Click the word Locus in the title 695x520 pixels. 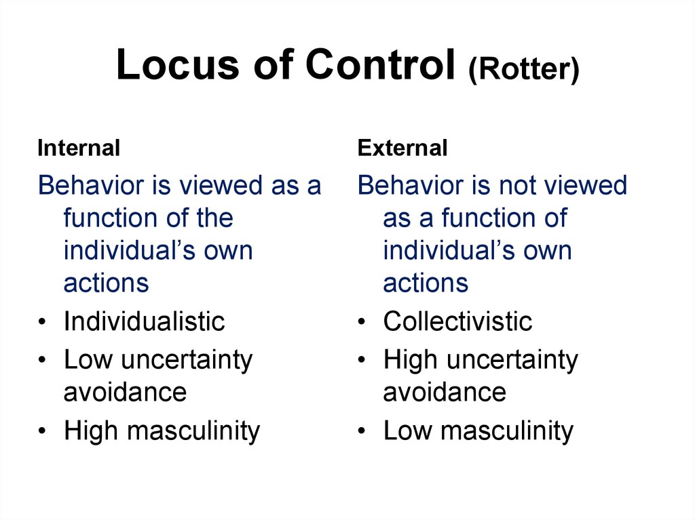click(178, 64)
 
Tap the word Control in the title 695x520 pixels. click(380, 64)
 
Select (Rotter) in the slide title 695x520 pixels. click(523, 69)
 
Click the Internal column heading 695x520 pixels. click(79, 148)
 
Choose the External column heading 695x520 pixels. click(402, 148)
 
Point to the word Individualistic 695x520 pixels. click(144, 321)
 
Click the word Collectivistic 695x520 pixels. click(457, 321)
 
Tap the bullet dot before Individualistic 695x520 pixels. click(42, 321)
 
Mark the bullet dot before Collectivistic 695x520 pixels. click(362, 321)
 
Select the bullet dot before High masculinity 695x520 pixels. click(42, 431)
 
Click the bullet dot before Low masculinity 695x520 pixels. click(362, 431)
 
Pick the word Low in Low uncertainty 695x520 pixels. click(88, 359)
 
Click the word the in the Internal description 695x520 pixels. click(215, 218)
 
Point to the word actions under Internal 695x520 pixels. click(106, 283)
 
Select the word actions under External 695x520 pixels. click(426, 283)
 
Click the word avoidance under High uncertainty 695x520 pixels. click(445, 393)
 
